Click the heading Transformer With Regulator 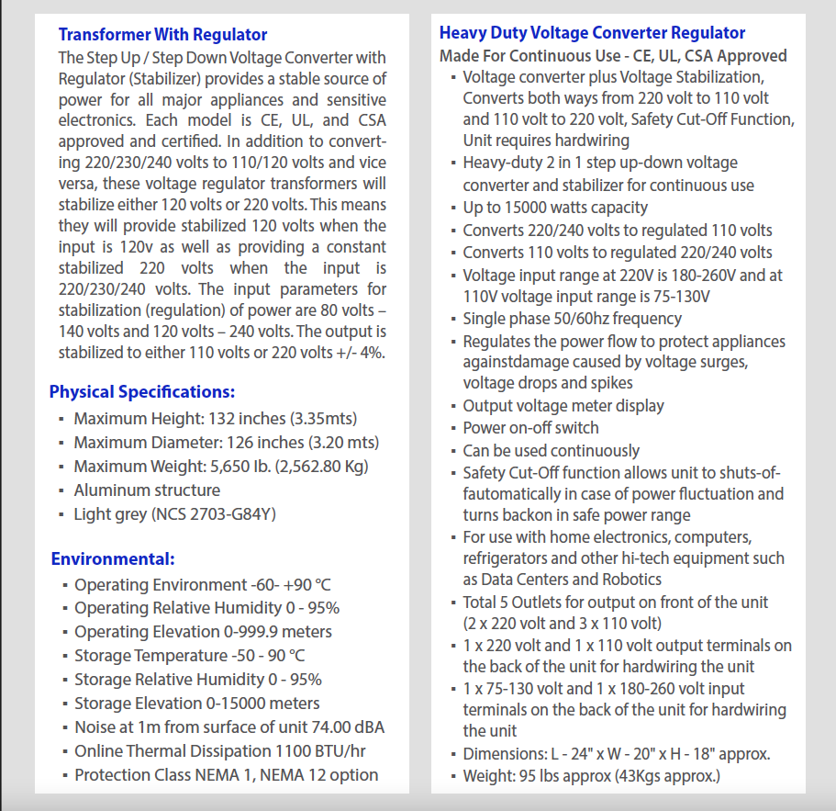point(162,35)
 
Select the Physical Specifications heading point(142,392)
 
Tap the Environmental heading point(113,558)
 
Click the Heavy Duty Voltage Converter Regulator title point(592,33)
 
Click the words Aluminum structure point(147,490)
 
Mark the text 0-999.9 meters point(278,632)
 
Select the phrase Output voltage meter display point(563,406)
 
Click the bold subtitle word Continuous point(536,56)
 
